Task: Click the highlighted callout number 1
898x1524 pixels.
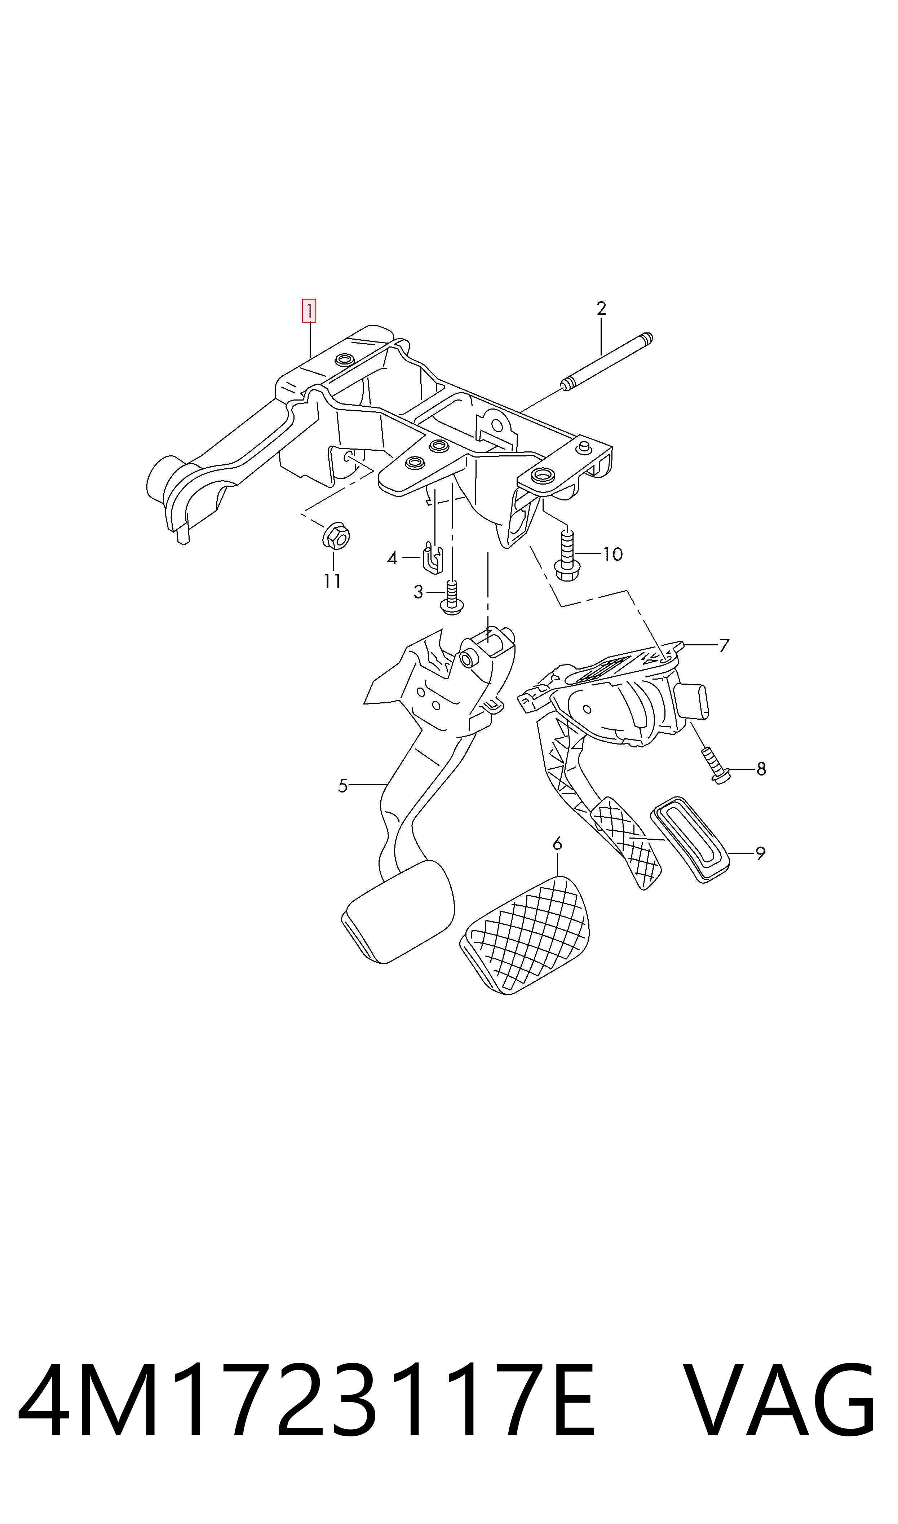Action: point(309,311)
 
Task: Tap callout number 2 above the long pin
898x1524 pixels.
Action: point(601,309)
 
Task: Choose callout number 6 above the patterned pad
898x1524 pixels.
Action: point(557,843)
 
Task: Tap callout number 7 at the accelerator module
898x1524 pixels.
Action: point(724,645)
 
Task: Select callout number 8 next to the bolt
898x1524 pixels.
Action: point(761,769)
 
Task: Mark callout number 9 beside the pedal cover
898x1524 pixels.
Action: point(761,854)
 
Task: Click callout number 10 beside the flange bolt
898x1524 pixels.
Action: point(613,554)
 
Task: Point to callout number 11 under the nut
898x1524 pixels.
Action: point(332,581)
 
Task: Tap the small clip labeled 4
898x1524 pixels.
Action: point(432,557)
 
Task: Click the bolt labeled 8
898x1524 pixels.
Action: point(715,766)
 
